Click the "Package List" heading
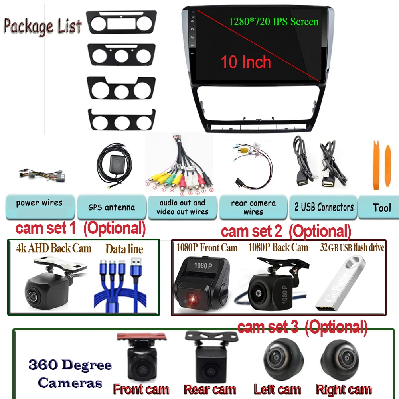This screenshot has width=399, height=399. [x=43, y=26]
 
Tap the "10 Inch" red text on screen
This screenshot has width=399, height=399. [x=246, y=62]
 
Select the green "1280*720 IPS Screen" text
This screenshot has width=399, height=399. [x=274, y=21]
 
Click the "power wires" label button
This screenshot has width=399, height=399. [x=39, y=203]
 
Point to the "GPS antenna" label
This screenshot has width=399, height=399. [x=112, y=207]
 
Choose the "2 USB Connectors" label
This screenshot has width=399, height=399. [x=324, y=207]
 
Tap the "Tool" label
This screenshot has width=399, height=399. [x=381, y=207]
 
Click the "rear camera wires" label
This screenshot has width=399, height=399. [x=253, y=207]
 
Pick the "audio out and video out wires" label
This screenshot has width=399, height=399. [x=182, y=207]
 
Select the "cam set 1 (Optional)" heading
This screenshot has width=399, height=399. [x=80, y=229]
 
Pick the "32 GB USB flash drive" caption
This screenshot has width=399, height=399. [x=352, y=248]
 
